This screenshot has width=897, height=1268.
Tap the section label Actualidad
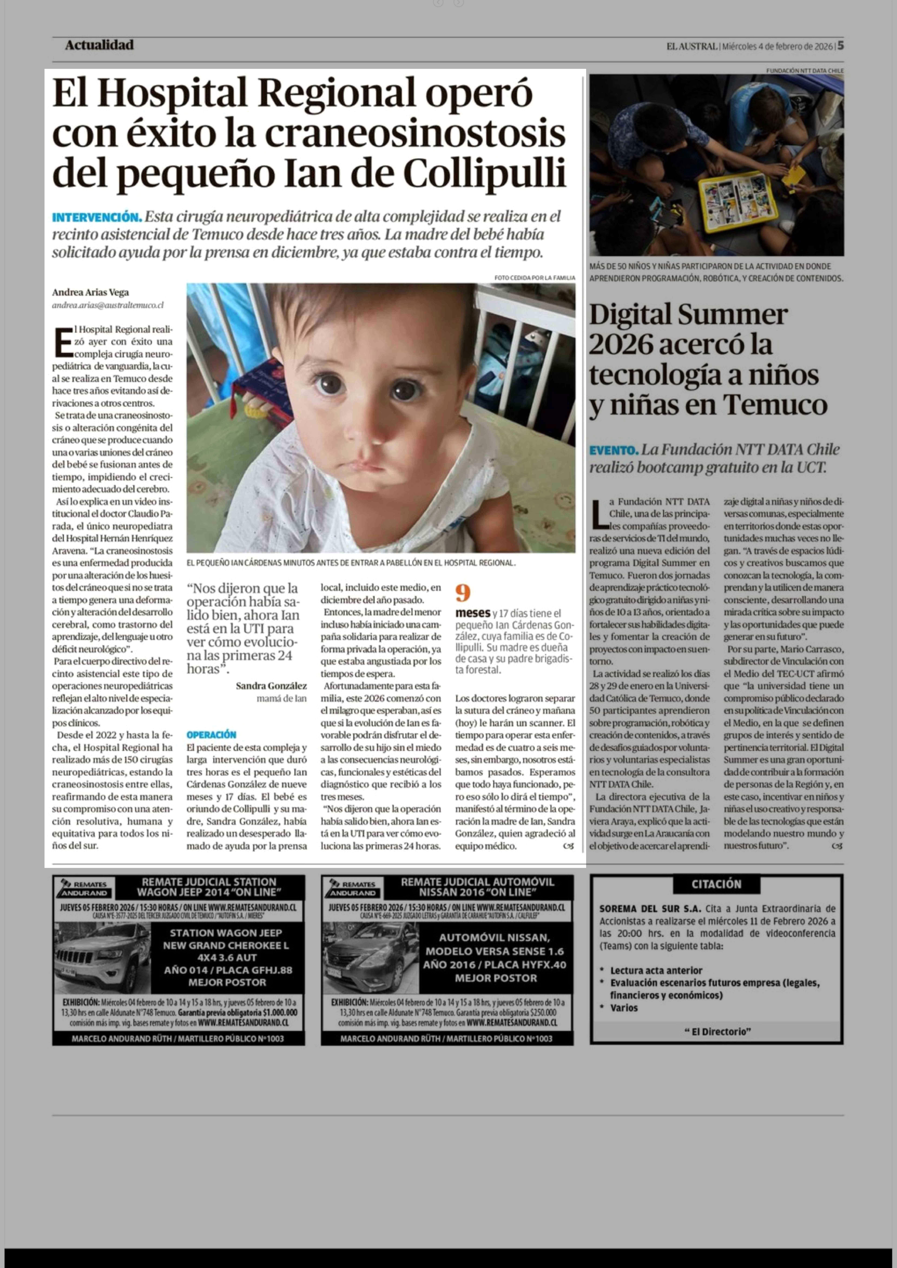tap(99, 45)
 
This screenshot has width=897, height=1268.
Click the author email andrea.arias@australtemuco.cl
tap(108, 305)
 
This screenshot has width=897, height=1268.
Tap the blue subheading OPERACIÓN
tap(211, 735)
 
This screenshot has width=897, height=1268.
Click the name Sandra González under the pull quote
tap(271, 686)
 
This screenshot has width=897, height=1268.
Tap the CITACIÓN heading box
tap(716, 884)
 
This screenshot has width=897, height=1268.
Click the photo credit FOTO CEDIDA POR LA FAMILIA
tap(535, 278)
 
